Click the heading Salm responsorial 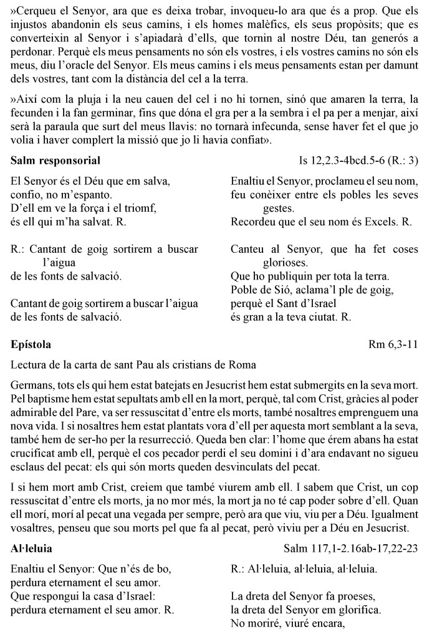tap(55, 161)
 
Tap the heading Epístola tap(31, 344)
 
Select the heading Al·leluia tap(32, 549)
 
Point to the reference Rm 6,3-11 tap(394, 344)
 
